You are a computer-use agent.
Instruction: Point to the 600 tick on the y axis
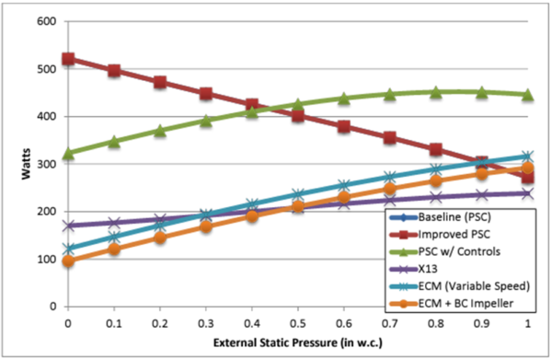(x=46, y=21)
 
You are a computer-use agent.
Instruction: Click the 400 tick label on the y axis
(x=46, y=116)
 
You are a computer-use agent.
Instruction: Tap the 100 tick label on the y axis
(x=46, y=259)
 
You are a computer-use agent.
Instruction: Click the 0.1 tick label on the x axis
(x=112, y=325)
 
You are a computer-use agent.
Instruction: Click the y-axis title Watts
(x=16, y=164)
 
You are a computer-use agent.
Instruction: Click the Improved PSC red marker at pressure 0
(x=69, y=59)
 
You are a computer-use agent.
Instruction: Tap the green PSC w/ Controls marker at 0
(x=69, y=153)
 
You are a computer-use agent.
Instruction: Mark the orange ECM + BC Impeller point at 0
(x=69, y=261)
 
